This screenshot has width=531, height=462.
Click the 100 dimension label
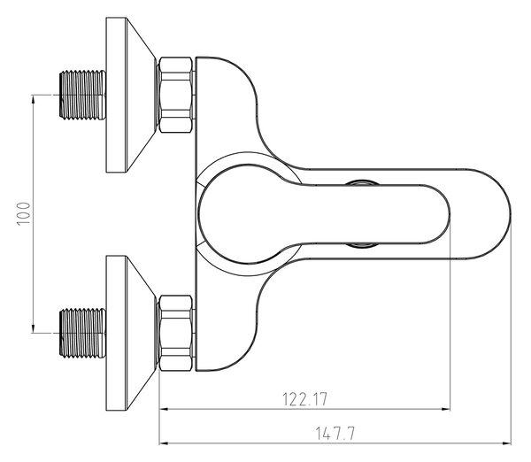point(23,213)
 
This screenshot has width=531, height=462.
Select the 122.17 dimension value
point(305,399)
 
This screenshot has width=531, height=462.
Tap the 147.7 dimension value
point(335,433)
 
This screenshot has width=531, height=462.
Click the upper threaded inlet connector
point(82,95)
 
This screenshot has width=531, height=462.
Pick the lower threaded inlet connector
point(82,333)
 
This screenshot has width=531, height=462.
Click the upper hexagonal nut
point(176,95)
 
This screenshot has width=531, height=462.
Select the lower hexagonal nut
point(176,333)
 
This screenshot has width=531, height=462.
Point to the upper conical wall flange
point(131,95)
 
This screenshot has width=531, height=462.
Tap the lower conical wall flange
point(131,333)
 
